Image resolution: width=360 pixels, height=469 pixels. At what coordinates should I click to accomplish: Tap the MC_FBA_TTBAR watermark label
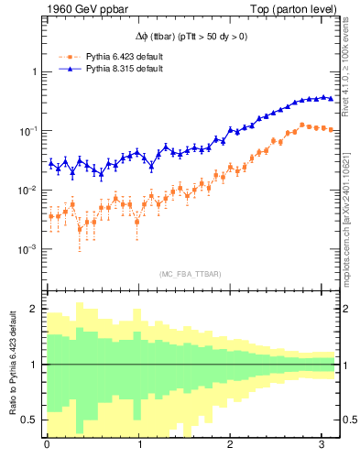(x=190, y=274)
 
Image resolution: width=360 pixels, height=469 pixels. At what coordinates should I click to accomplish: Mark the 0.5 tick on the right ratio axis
(x=348, y=420)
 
